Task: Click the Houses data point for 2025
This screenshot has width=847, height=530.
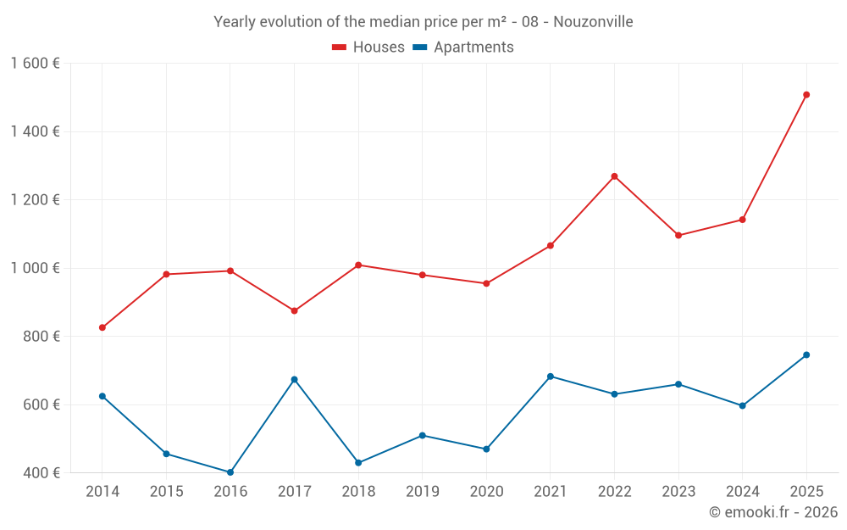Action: (x=806, y=95)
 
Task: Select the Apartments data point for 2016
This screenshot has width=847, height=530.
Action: (x=230, y=472)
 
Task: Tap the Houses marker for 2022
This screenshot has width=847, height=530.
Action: (x=614, y=176)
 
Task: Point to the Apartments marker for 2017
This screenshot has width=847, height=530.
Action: (x=294, y=379)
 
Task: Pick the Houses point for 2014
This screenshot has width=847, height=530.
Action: (x=102, y=327)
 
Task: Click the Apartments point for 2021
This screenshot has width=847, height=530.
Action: (x=551, y=377)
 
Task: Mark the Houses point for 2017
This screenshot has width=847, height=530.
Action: (x=294, y=311)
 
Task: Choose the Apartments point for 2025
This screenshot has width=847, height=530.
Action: (x=806, y=354)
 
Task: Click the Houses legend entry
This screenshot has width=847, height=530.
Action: (x=368, y=47)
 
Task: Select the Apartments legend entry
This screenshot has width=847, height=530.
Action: (x=464, y=47)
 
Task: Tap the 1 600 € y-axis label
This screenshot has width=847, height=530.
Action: (x=35, y=64)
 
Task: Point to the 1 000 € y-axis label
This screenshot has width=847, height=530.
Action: (x=35, y=268)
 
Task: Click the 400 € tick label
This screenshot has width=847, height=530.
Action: (x=41, y=472)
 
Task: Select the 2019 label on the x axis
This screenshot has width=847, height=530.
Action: (x=422, y=492)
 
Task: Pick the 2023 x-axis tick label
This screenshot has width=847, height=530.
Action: (x=678, y=492)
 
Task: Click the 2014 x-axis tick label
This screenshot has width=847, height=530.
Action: (x=102, y=492)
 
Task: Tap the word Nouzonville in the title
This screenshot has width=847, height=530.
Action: (x=593, y=22)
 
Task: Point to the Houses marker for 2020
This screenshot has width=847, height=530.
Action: (x=486, y=283)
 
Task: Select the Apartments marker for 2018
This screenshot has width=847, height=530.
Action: (x=358, y=463)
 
